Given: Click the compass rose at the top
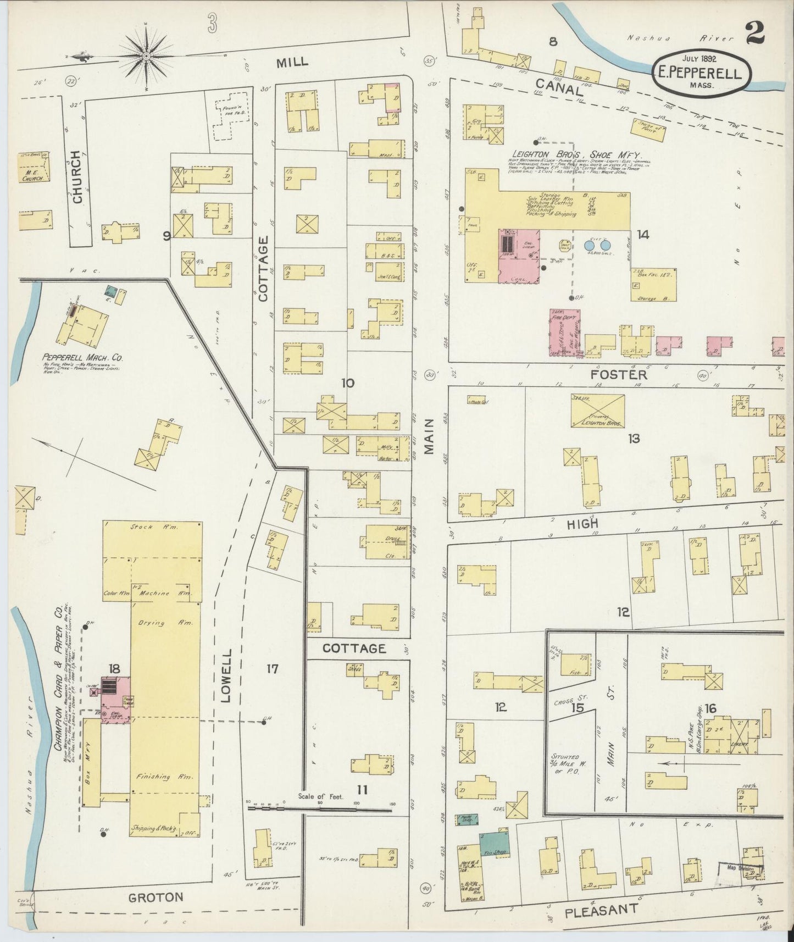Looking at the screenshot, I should coord(147,56).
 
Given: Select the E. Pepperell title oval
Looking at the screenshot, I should coord(702,75).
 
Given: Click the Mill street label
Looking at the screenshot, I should coord(292,62).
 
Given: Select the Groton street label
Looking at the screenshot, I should coord(155,897).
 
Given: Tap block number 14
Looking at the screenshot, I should coord(643,235).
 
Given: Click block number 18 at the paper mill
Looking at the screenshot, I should coord(114,669).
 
